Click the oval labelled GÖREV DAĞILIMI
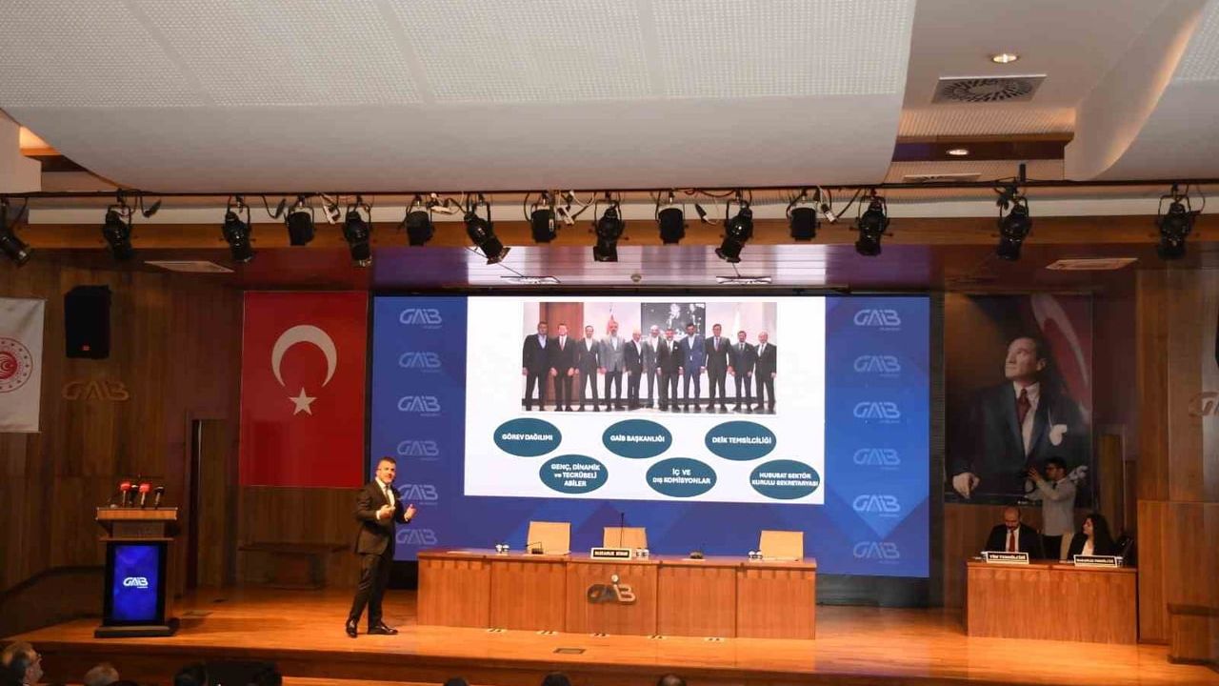pos(527,437)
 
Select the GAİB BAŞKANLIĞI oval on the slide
pos(636,438)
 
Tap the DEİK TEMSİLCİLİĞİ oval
pos(740,440)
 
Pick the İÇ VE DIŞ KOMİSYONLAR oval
pos(680,477)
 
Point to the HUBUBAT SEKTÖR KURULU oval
pos(784,479)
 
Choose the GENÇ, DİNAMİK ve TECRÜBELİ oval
pos(573,474)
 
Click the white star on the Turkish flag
pos(302,401)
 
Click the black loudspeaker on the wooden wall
pos(88,322)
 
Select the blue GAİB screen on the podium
pos(136,582)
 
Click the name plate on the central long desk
pos(610,553)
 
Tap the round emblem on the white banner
pos(14,365)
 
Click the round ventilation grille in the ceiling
pos(988,89)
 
